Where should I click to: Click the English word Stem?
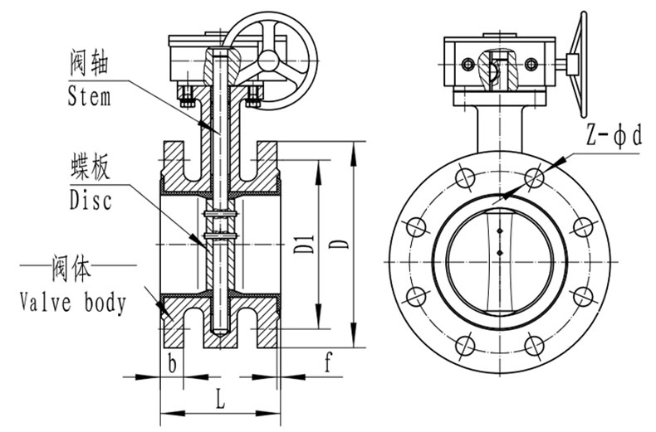tap(90, 97)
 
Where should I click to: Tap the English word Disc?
tap(91, 200)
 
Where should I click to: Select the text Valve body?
tap(73, 303)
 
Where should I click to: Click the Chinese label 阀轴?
tap(89, 63)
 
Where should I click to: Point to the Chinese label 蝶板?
tap(91, 167)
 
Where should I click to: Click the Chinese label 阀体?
tap(71, 268)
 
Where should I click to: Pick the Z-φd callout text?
tap(614, 136)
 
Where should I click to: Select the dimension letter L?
tap(220, 398)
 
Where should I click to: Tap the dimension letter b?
tap(172, 362)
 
